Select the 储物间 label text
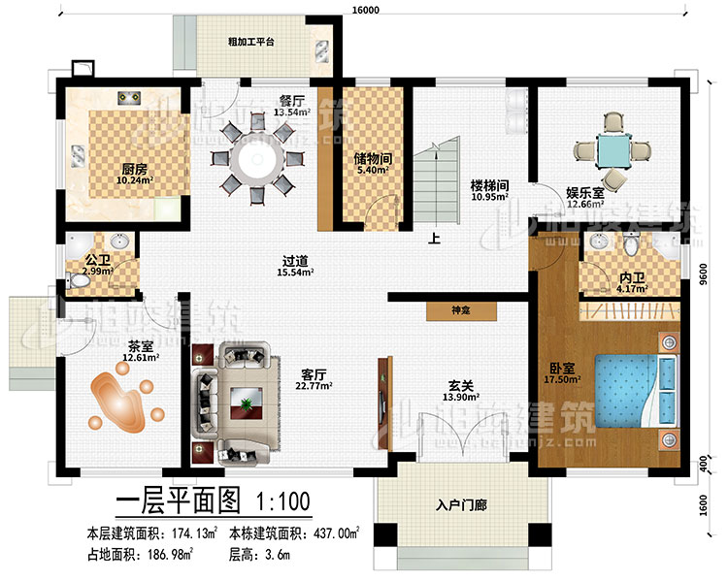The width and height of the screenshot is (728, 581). [x=373, y=160]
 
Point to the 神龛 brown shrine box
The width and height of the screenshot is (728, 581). [x=462, y=313]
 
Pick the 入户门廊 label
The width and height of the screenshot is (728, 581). [x=461, y=503]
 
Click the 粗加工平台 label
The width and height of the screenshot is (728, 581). [x=250, y=42]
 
